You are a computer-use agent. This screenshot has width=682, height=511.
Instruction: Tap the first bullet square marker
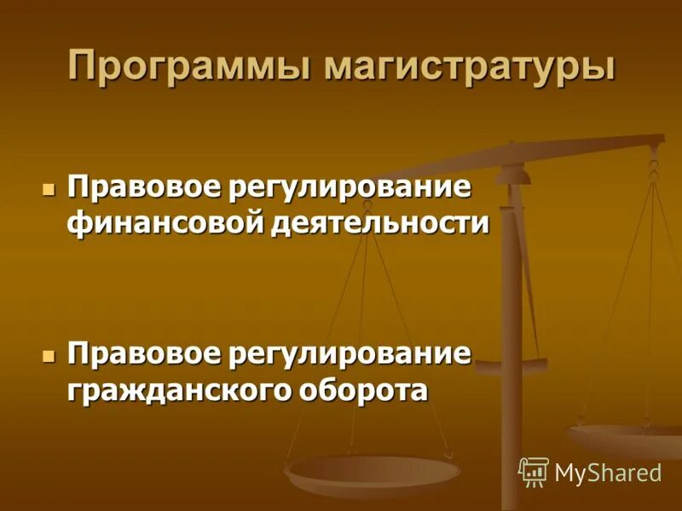pyautogui.click(x=49, y=187)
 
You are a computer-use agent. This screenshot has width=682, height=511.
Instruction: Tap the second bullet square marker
pyautogui.click(x=49, y=353)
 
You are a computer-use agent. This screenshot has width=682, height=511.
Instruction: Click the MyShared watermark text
pyautogui.click(x=608, y=473)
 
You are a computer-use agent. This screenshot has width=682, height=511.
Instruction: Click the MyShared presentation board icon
pyautogui.click(x=533, y=471)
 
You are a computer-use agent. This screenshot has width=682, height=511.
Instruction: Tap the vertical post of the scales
pyautogui.click(x=511, y=341)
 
